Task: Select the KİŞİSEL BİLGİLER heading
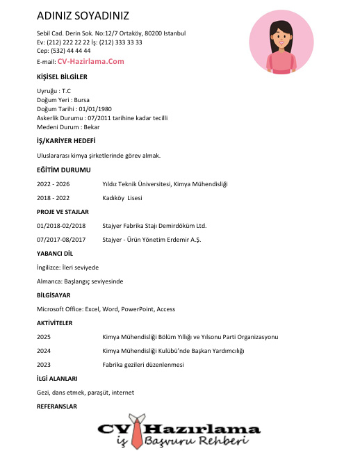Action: click(x=62, y=77)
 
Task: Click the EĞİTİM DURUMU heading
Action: click(x=63, y=170)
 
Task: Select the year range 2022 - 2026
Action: click(x=53, y=184)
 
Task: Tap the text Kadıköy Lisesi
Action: click(x=122, y=198)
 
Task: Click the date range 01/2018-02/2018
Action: click(x=61, y=226)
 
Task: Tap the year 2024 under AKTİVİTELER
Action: click(x=43, y=351)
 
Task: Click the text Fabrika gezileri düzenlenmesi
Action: click(x=142, y=365)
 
